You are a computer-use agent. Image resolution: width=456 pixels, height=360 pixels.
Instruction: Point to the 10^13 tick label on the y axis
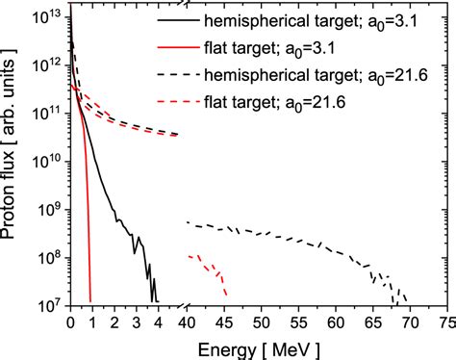(x=44, y=13)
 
